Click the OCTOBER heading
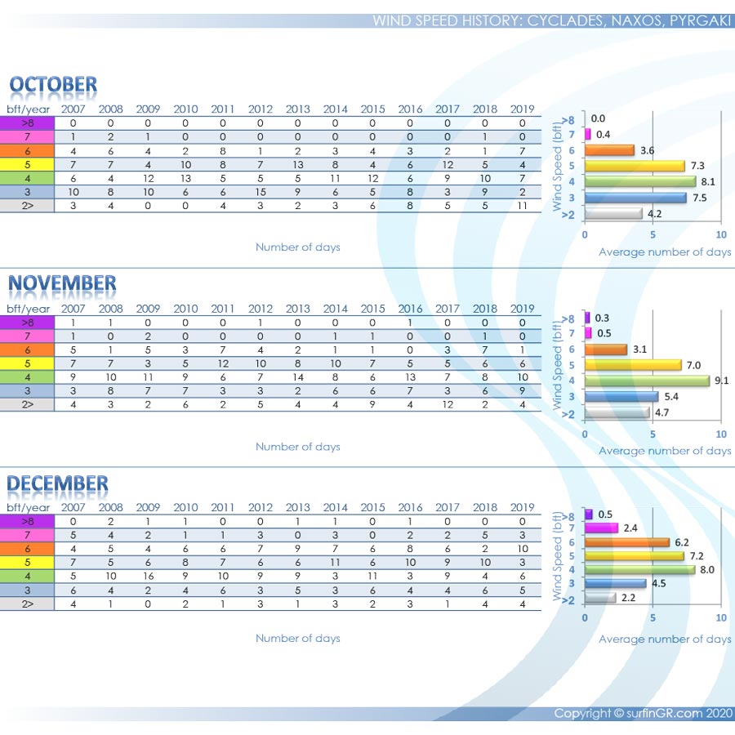coord(53,85)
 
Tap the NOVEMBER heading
coord(62,284)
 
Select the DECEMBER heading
coord(57,483)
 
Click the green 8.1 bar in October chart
coord(639,181)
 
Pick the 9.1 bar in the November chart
coord(647,381)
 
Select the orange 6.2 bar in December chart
coord(626,542)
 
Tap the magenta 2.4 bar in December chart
coord(601,528)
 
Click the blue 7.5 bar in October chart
coord(635,198)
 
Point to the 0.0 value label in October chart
coord(598,118)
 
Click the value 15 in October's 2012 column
coord(261,192)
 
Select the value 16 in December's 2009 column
coord(148,576)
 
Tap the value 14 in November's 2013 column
coord(298,377)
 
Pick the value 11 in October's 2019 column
coord(523,206)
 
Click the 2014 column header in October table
coord(336,109)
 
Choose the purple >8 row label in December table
coord(28,521)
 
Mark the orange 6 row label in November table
coord(28,350)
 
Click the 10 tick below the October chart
coord(720,235)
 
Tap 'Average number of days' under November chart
coord(665,451)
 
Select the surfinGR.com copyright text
coord(642,713)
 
